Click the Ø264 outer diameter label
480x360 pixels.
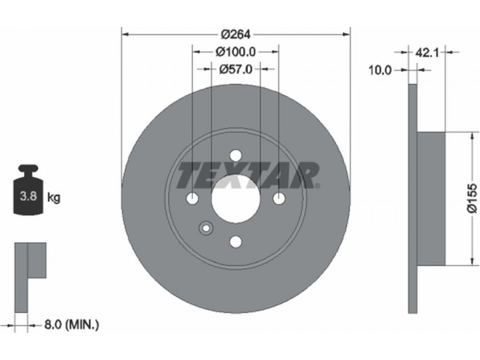[235, 34]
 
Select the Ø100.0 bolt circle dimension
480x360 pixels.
[235, 52]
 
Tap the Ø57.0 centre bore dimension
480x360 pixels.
[236, 69]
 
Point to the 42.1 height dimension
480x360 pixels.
[427, 53]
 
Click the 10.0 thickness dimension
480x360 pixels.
[380, 70]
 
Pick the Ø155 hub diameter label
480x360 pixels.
[472, 198]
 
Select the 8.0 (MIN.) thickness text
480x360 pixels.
[71, 325]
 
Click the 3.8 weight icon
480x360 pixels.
[28, 190]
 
